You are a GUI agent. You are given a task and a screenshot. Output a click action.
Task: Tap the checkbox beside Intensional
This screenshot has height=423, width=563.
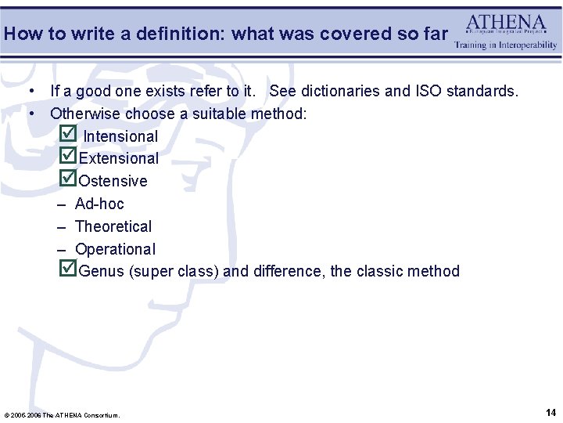(68, 134)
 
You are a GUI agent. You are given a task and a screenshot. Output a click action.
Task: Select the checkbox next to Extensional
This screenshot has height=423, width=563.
(68, 156)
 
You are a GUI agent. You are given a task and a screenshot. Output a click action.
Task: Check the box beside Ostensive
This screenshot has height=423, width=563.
(68, 179)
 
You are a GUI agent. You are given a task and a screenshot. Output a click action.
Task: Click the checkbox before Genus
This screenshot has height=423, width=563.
(68, 269)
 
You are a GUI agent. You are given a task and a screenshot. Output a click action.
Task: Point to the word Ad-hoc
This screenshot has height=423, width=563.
(99, 204)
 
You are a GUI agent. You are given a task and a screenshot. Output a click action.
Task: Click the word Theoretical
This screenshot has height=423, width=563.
(113, 226)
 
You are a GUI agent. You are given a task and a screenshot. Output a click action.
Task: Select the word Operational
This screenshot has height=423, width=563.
(115, 249)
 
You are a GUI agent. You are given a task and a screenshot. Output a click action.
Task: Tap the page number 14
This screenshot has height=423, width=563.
(550, 412)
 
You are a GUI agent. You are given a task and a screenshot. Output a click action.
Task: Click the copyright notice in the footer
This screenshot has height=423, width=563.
(63, 414)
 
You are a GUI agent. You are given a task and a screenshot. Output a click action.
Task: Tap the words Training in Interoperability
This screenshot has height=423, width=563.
(506, 45)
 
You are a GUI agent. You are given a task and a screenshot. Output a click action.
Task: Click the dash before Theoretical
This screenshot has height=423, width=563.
(60, 226)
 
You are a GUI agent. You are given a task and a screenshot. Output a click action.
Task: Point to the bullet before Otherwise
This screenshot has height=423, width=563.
(33, 114)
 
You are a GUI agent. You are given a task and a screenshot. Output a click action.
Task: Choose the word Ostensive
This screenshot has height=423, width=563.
(113, 181)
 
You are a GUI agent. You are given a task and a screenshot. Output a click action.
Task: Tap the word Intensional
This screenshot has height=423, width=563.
(120, 136)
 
